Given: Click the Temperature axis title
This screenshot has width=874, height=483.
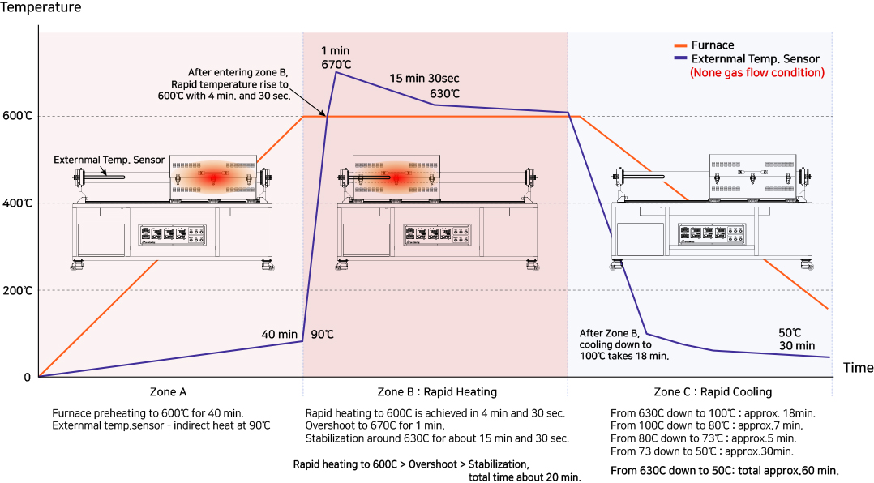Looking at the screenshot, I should point(41,7).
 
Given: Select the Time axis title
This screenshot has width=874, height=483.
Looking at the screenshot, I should point(858,368).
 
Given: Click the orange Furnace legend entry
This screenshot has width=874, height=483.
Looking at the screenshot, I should point(712,45).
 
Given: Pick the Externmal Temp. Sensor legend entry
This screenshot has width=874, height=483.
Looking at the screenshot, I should point(755,59).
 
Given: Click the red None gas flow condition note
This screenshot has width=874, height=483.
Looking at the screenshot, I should point(756,73).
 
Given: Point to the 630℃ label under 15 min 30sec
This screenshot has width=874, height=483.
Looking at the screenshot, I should point(444,93).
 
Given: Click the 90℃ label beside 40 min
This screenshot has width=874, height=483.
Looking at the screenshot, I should point(322,334).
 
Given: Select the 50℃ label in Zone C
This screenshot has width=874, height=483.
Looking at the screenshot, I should point(789,332).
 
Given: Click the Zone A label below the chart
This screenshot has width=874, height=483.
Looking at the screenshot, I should point(169,392).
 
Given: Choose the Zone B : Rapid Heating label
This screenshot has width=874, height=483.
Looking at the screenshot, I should point(437,392).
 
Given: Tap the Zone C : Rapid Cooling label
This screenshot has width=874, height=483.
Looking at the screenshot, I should point(701,392).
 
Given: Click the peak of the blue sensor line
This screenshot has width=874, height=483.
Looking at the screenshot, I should point(336,73).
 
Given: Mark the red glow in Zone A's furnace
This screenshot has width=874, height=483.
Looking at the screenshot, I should point(214,177).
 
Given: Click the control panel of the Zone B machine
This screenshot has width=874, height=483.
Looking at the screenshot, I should point(435,235).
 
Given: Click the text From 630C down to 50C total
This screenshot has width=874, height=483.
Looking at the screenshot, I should point(724,471).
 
